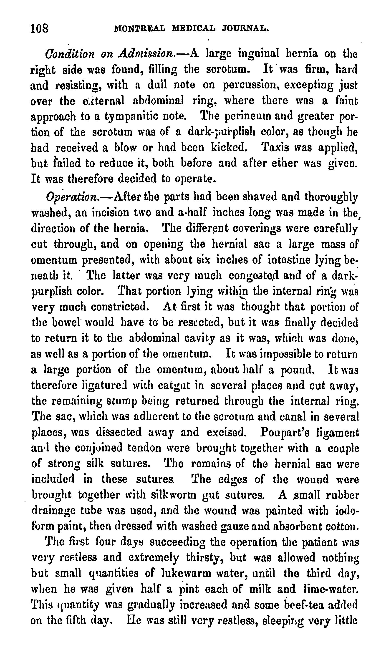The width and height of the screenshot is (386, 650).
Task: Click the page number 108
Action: (x=40, y=28)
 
